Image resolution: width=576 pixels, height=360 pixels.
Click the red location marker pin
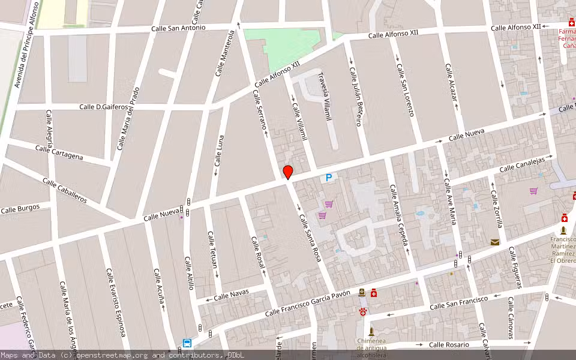point(288,172)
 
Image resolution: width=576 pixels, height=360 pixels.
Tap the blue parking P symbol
point(328,178)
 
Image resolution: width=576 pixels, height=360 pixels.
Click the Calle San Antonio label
point(178,28)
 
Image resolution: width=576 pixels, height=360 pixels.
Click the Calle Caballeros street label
point(65,190)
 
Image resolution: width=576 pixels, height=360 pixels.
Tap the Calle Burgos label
point(20,209)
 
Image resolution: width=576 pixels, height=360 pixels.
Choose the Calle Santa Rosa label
point(310,238)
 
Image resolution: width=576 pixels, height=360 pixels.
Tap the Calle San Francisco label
point(459,303)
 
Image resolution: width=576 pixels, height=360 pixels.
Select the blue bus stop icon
point(187,344)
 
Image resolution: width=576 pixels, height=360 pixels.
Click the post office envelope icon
point(494,242)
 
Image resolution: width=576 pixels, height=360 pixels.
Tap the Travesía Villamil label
point(324,97)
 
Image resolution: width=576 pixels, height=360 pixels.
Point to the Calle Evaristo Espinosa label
point(116,302)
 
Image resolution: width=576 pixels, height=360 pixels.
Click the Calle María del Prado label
point(128,118)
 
